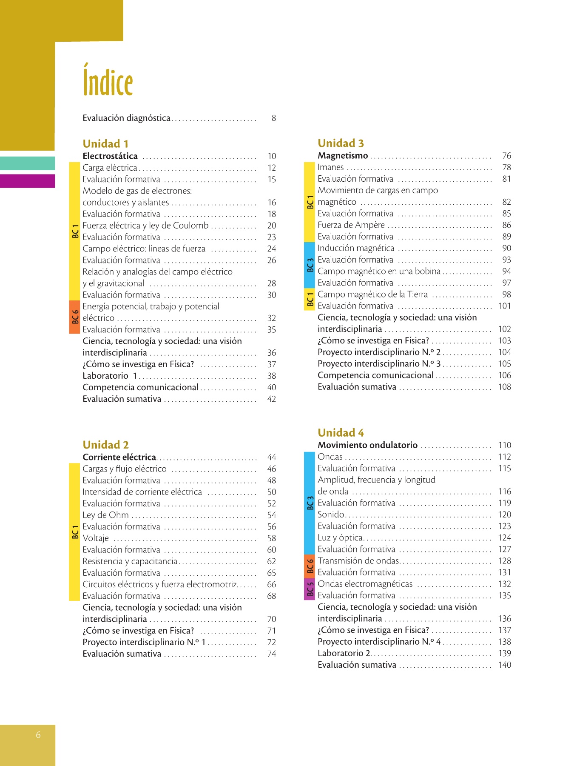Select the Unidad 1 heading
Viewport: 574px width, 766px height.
[x=105, y=144]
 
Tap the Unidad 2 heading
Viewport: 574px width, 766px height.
[x=105, y=445]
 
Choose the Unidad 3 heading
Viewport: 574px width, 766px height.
[x=341, y=143]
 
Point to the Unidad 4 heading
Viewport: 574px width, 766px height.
[x=341, y=433]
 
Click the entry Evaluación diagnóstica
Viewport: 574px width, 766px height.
[x=126, y=118]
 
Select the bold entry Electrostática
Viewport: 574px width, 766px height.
[x=110, y=156]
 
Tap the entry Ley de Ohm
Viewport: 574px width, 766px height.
[x=105, y=515]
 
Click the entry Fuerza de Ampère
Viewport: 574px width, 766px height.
[x=351, y=225]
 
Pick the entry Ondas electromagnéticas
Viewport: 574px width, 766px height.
[x=365, y=584]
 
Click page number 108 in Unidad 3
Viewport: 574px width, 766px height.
[x=505, y=387]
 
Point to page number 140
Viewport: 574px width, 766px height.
[x=505, y=665]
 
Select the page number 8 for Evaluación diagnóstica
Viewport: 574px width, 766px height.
[x=274, y=118]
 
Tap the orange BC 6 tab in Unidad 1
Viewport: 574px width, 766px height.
[x=75, y=317]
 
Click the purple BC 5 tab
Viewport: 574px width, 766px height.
[x=310, y=589]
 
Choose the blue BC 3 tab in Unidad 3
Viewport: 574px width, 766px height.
[x=310, y=265]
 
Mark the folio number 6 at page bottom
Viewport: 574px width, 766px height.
[x=38, y=735]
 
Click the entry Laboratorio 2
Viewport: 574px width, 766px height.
[x=344, y=654]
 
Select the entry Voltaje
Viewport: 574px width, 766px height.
[x=96, y=538]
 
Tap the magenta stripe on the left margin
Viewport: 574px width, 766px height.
[x=27, y=181]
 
